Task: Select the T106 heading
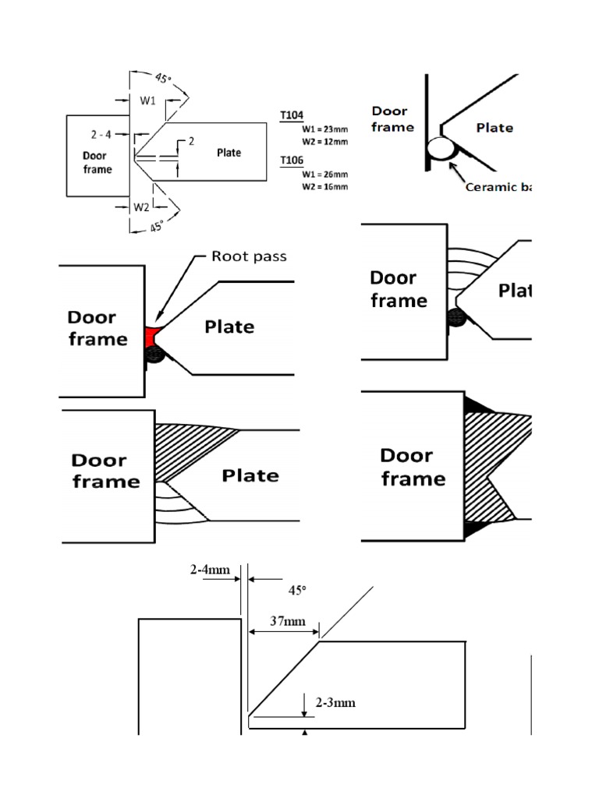[x=292, y=160]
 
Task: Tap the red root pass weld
[x=151, y=337]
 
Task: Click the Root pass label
[x=249, y=256]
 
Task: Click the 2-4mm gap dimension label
[x=211, y=570]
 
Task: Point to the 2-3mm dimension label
[x=335, y=702]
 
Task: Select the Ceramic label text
[x=497, y=186]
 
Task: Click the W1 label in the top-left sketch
[x=148, y=100]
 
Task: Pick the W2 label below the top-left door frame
[x=141, y=207]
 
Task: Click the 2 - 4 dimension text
[x=101, y=134]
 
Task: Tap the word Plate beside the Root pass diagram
[x=229, y=327]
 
